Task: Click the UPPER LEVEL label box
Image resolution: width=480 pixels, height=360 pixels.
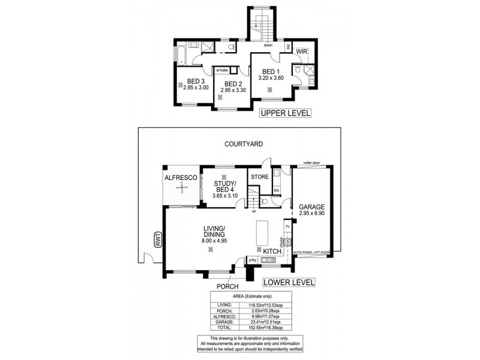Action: click(285, 113)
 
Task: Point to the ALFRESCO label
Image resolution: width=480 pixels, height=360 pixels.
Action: click(180, 178)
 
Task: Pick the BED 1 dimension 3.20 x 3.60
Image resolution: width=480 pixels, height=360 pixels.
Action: click(271, 78)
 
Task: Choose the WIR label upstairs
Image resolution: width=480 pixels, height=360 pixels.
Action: click(302, 53)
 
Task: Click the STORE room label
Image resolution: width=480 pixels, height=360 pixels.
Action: click(259, 177)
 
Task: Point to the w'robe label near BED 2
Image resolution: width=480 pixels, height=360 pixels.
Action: click(222, 70)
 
